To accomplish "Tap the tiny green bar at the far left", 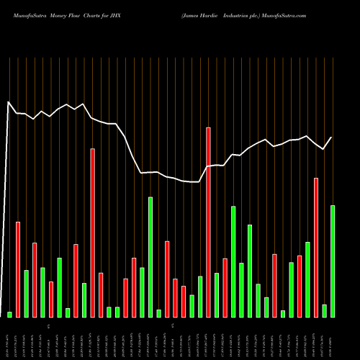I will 9,314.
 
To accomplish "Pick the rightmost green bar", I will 333,261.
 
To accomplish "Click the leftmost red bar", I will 18,269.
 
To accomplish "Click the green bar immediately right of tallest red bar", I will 217,294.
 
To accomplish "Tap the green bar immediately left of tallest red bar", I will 200,296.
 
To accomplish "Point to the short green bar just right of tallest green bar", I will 158,313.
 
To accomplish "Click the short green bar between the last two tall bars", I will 325,310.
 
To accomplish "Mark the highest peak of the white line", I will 9,102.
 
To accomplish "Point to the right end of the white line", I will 332,138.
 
